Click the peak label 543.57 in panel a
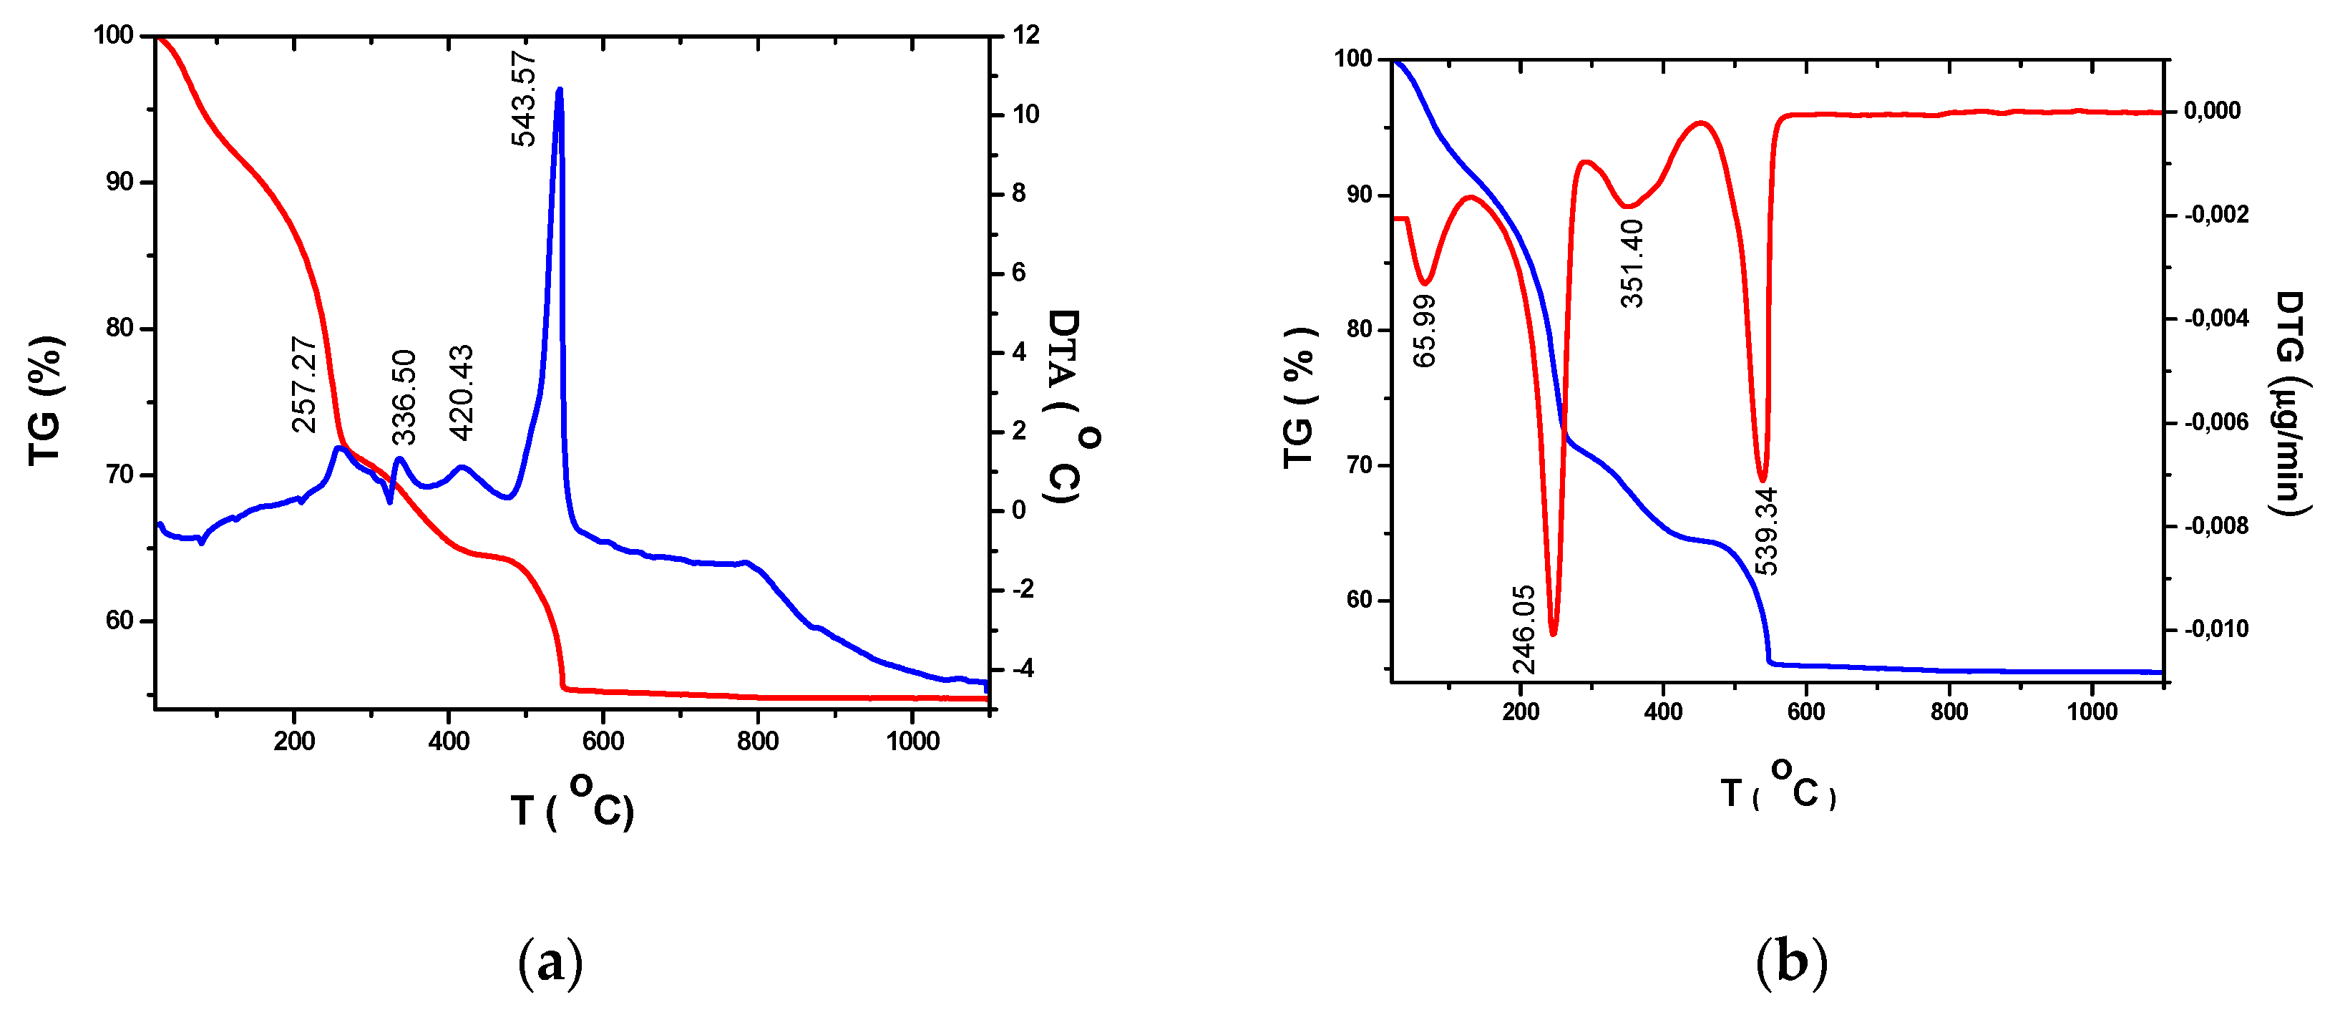(523, 98)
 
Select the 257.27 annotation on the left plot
(303, 384)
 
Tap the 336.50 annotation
(404, 397)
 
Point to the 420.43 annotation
(462, 392)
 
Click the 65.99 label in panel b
(1425, 331)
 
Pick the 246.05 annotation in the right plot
(1524, 629)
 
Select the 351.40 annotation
(1632, 263)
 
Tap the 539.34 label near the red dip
(1765, 531)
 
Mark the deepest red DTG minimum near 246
(1554, 632)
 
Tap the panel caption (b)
(1790, 961)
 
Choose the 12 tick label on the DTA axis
(1025, 35)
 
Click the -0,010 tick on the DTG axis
(2215, 628)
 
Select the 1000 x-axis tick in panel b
(2092, 712)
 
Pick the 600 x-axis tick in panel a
(603, 741)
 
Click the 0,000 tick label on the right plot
(2212, 111)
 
